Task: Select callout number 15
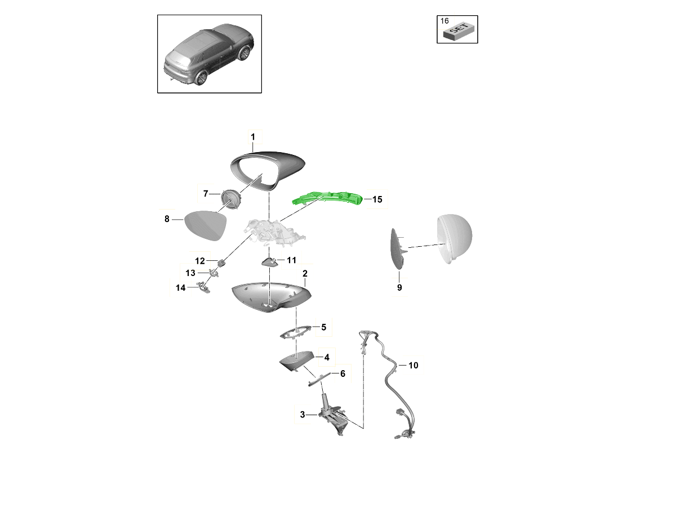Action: [377, 199]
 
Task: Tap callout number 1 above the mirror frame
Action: [253, 137]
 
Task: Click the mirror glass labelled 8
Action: [206, 225]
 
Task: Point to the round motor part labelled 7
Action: [230, 199]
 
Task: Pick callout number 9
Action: [399, 287]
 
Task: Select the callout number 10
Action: [413, 366]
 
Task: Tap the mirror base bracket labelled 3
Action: [334, 416]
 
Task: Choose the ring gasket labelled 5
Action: [296, 332]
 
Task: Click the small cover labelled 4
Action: [296, 361]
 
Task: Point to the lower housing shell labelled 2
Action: [271, 297]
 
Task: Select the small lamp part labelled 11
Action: [269, 262]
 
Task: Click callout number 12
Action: [200, 261]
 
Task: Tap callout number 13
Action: [190, 273]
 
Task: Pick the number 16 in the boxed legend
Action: [444, 21]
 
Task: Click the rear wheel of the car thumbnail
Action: [202, 78]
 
